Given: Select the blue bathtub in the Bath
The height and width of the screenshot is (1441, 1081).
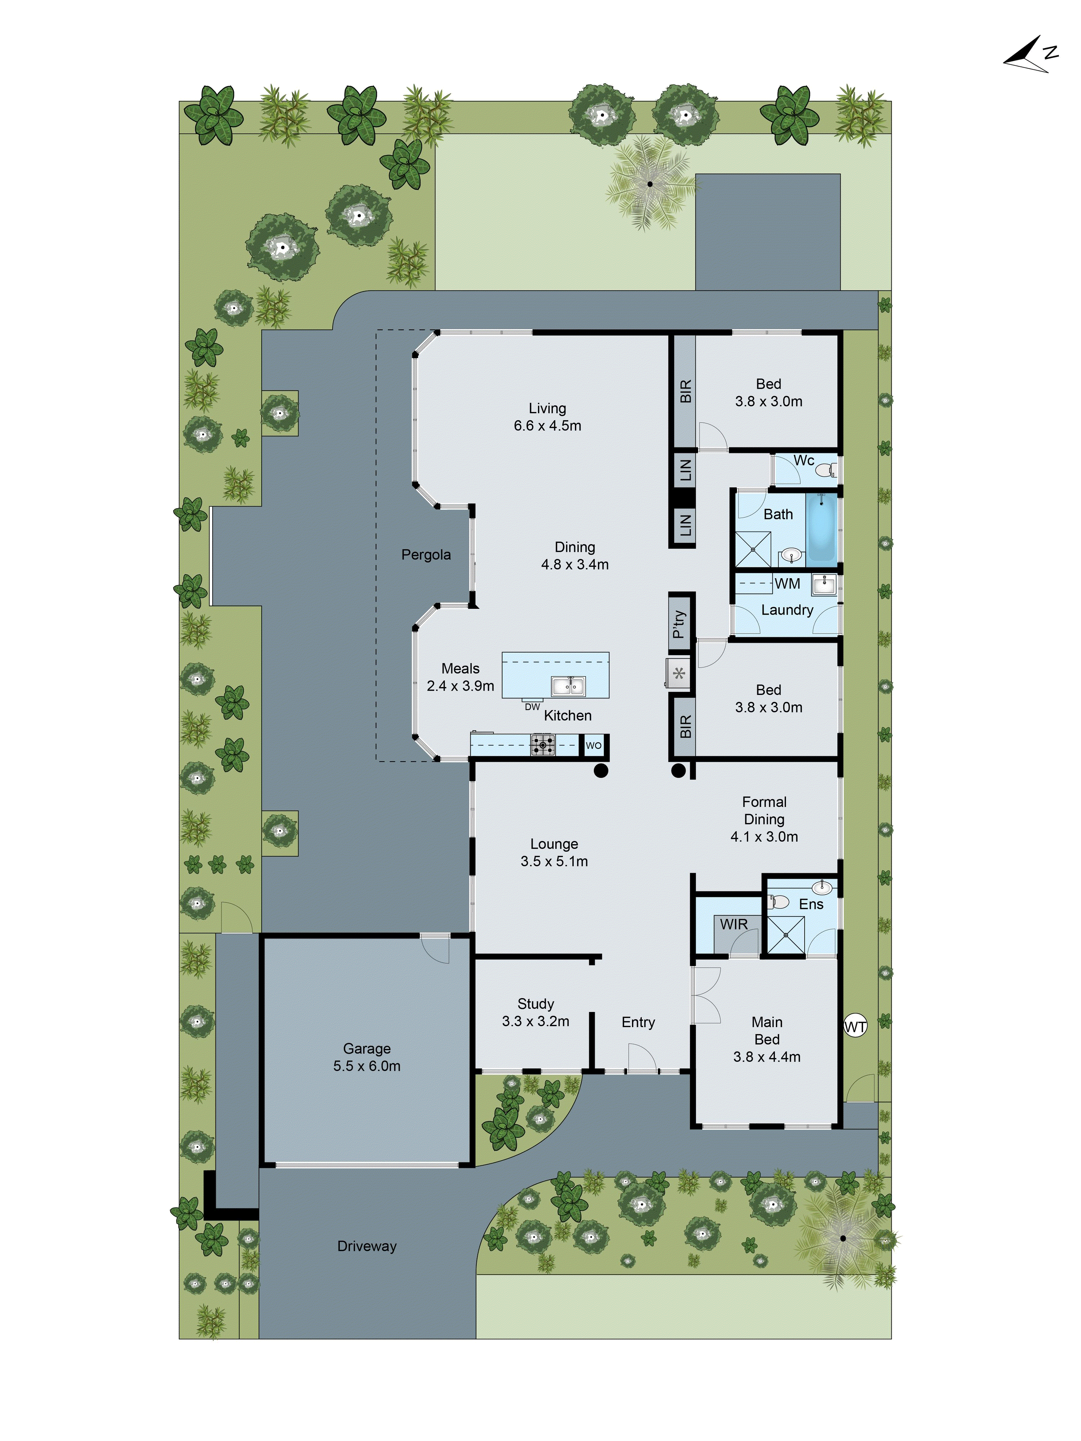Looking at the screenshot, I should click(x=821, y=528).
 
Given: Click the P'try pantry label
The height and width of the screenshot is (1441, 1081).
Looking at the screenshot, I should click(x=679, y=624).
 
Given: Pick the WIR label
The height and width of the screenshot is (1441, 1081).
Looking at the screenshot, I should click(x=734, y=924).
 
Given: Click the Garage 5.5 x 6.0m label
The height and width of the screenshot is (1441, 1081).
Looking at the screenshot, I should click(x=367, y=1057).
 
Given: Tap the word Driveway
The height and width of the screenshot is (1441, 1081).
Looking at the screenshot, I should click(x=367, y=1246).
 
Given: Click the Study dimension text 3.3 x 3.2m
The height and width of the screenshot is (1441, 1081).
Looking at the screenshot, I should click(x=535, y=1021).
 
